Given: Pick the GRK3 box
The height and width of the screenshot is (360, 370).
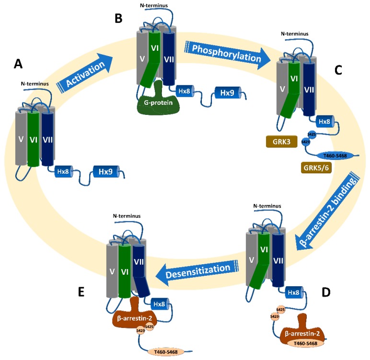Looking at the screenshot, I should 280,142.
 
